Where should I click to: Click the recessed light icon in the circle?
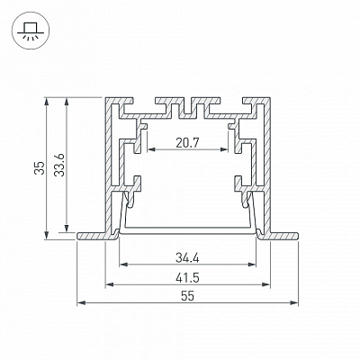31,31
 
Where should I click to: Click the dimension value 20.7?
187,143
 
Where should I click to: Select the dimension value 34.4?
187,257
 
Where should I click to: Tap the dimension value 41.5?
187,278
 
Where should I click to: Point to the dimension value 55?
187,296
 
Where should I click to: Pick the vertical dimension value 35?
40,168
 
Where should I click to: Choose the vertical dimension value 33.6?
59,165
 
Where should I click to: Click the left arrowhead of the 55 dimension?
81,303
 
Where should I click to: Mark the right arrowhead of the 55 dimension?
294,303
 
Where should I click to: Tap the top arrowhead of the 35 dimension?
46,102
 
